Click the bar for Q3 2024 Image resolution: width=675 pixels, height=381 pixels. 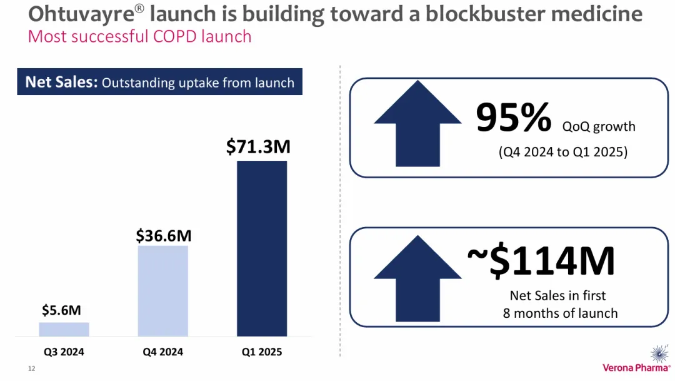point(64,329)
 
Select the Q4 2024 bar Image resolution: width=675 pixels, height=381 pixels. point(162,291)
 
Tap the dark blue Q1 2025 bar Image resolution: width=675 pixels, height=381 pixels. point(262,248)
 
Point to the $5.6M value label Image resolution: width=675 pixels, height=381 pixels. point(62,310)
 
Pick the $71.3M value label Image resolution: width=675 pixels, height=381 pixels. point(258,147)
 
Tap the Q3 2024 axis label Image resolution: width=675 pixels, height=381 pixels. point(64,352)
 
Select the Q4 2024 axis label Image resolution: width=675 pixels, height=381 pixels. point(162,352)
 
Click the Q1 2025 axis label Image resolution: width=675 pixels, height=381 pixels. point(262,352)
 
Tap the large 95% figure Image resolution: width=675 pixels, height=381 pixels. point(514,118)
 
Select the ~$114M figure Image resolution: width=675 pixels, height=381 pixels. point(541,262)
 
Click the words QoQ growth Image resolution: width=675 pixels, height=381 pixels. point(599,126)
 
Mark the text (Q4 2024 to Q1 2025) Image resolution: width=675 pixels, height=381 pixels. point(562,151)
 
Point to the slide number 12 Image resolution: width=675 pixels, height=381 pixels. point(31,368)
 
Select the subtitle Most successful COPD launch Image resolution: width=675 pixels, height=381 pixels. point(139,36)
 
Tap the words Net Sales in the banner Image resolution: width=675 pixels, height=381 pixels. point(61,83)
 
